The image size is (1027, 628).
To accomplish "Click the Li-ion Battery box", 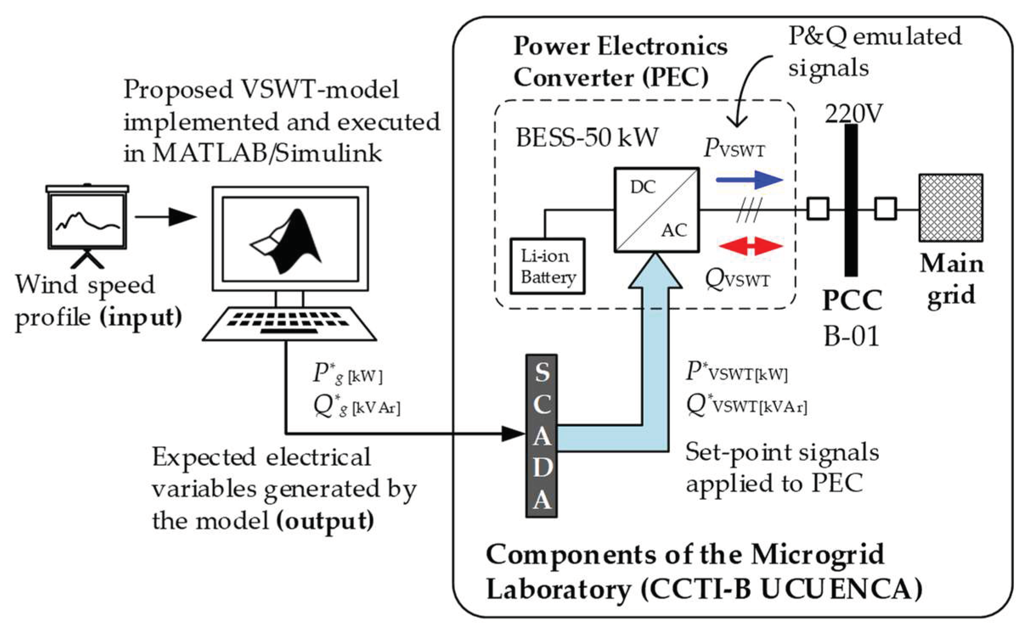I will tap(547, 266).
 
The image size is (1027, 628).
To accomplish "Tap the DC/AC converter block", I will tap(656, 210).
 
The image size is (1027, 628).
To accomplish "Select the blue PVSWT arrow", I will tap(749, 179).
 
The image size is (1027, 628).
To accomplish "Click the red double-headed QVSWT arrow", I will tap(750, 246).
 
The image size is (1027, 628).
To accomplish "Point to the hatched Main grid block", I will tap(951, 207).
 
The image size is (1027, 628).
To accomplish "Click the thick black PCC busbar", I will tap(851, 199).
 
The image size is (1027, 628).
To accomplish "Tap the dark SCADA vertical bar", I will tap(541, 436).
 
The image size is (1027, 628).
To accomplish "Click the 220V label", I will tap(853, 114).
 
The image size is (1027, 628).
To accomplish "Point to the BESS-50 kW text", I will tap(586, 137).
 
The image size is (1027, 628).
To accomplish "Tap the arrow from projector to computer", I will tap(166, 217).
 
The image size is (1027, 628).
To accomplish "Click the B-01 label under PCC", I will tap(851, 336).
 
